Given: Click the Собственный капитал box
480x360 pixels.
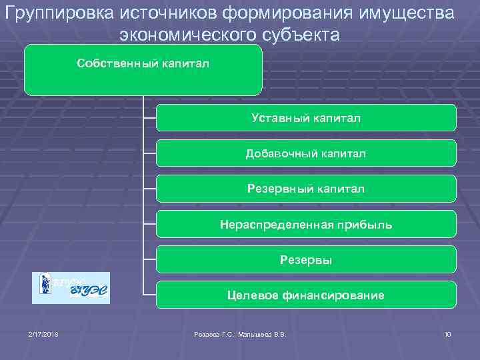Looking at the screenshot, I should coord(143,70).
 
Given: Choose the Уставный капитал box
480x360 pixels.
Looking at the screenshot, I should coord(306,118).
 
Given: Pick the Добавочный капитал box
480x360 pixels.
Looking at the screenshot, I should coord(306,153).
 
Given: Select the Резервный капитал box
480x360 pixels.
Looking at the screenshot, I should coord(306,189).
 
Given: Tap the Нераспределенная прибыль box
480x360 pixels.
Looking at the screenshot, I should coord(306,224).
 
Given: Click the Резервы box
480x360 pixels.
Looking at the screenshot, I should coord(306,259).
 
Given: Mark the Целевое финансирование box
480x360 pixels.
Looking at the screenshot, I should coord(306,295).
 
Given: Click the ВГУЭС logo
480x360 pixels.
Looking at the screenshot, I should coord(71,288).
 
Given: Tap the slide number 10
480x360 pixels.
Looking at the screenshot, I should coord(447,333).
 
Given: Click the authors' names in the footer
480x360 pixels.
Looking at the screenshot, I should coord(239,333).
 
